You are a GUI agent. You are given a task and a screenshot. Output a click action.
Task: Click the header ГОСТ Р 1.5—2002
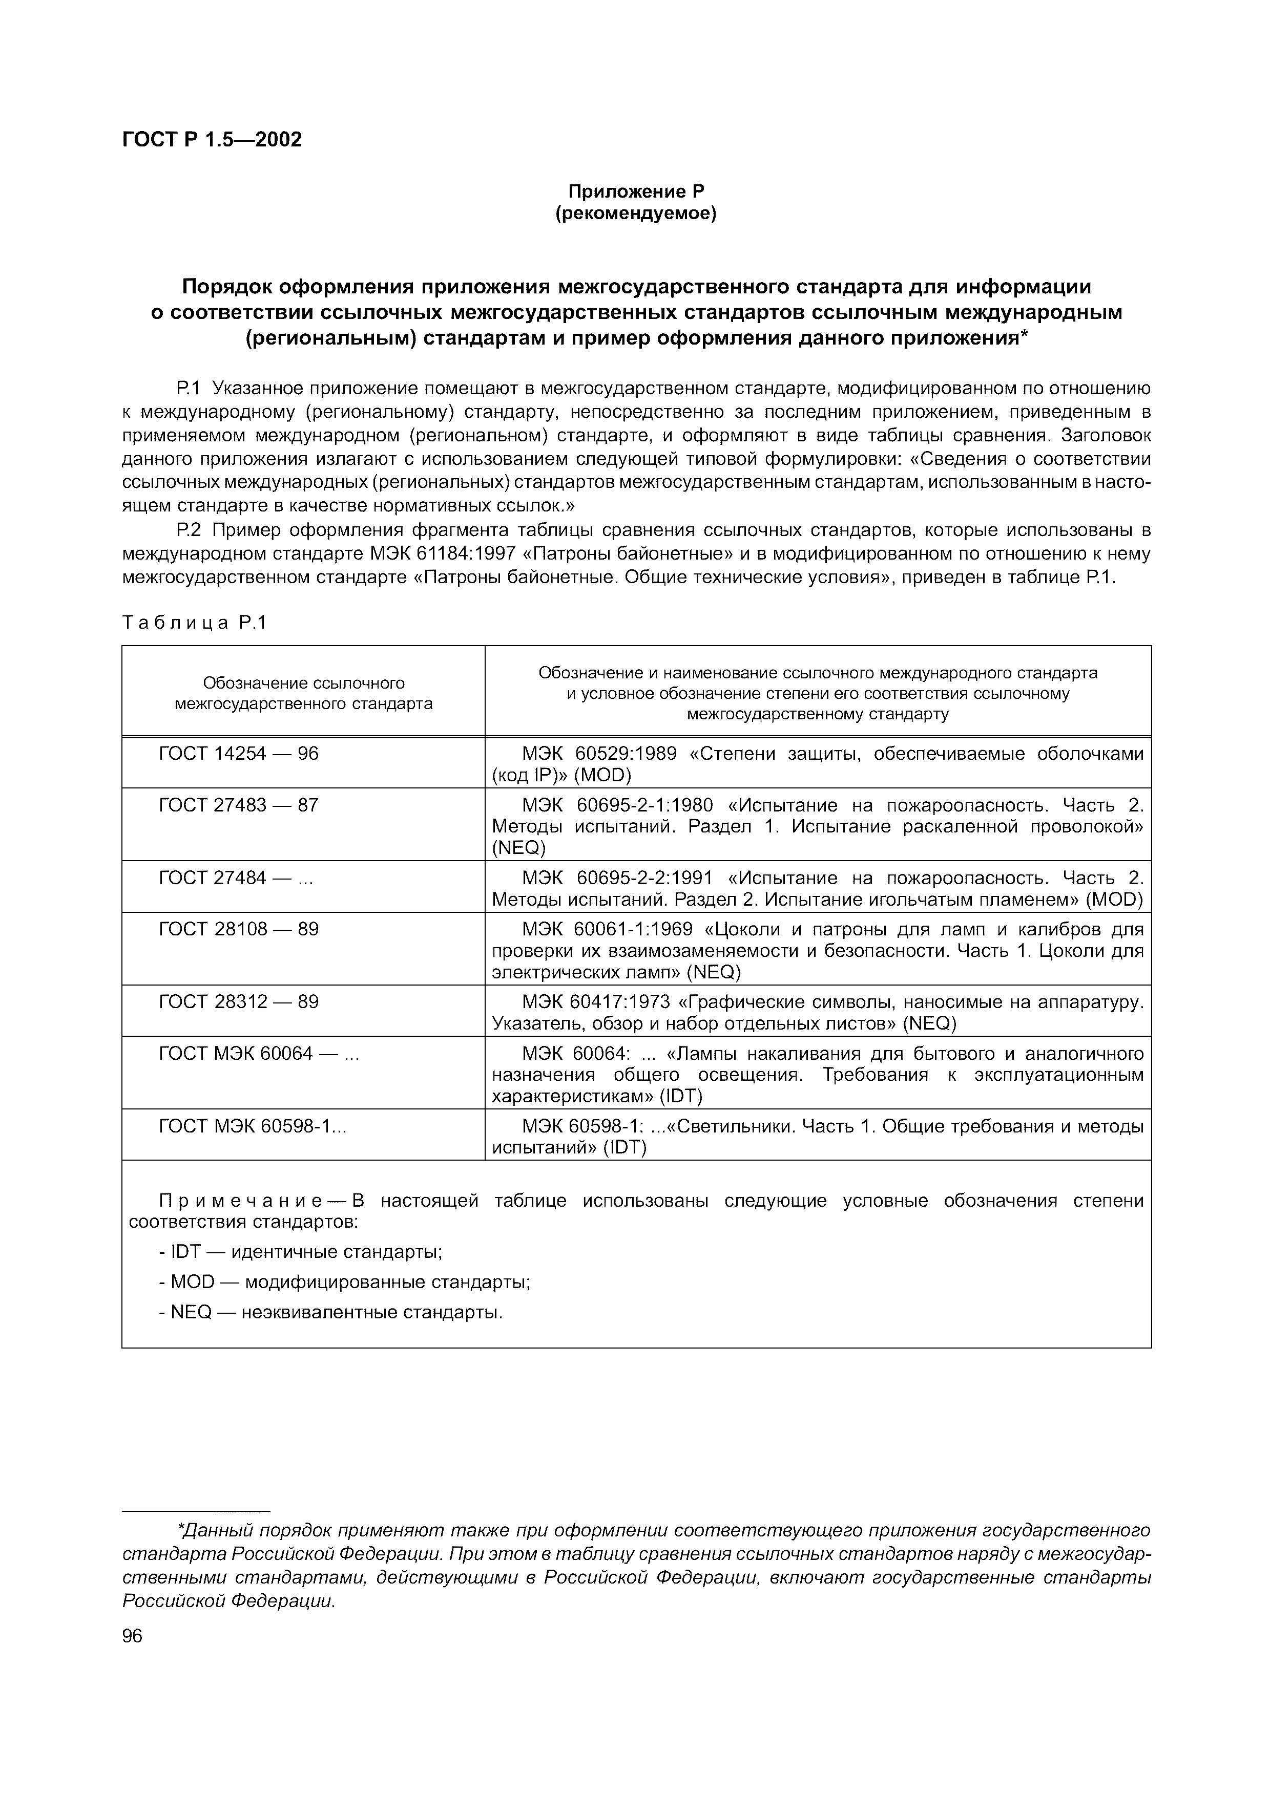click(x=212, y=139)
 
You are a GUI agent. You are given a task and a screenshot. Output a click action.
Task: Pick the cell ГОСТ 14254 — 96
click(x=239, y=753)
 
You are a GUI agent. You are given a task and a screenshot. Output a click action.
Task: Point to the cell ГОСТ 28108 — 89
click(x=239, y=929)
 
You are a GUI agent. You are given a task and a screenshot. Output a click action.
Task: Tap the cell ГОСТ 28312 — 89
click(x=239, y=1002)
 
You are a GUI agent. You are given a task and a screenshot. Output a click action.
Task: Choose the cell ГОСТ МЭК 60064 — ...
click(x=258, y=1054)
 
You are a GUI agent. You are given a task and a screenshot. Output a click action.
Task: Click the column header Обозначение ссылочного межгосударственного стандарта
click(x=304, y=693)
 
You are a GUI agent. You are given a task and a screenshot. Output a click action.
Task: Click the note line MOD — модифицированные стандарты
click(x=344, y=1282)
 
